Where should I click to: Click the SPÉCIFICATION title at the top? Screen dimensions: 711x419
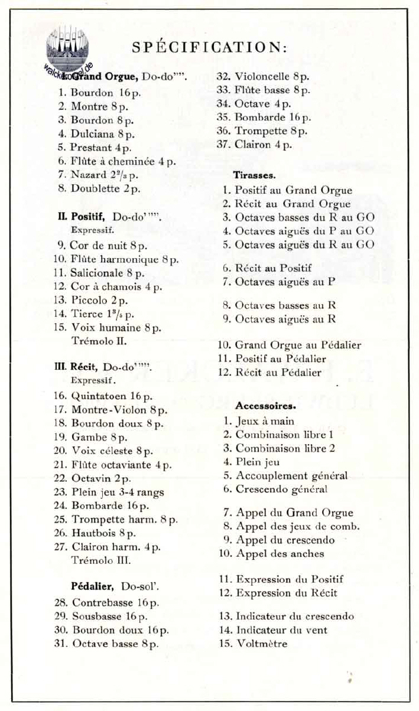pos(209,47)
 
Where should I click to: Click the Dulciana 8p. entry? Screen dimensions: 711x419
pos(102,134)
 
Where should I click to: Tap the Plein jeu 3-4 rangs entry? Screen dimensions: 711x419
pos(118,491)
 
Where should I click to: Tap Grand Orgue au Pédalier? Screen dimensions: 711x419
pos(298,345)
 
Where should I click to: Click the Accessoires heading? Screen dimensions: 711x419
pos(264,406)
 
